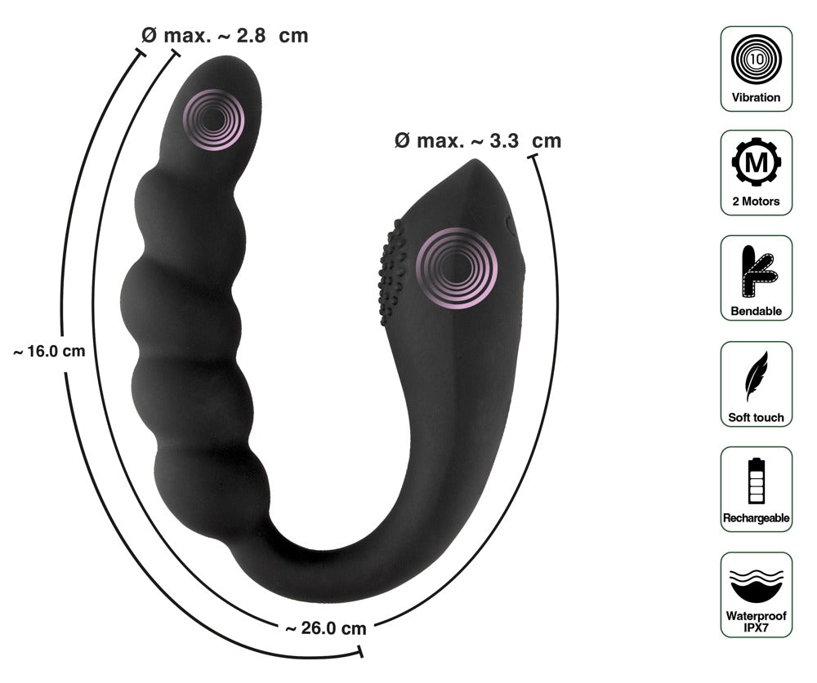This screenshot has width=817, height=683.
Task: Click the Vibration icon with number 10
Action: tap(756, 58)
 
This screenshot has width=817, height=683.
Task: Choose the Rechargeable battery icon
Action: tap(756, 481)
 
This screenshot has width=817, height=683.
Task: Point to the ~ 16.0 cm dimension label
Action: tap(49, 351)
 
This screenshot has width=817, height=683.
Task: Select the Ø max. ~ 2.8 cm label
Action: tap(225, 36)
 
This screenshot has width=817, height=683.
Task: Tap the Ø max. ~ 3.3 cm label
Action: tap(478, 140)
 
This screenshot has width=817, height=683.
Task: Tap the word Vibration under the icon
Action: tap(756, 97)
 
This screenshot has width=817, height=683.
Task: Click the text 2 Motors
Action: tap(756, 202)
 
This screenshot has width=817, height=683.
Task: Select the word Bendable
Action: tap(756, 310)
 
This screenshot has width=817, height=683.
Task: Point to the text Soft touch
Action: tap(756, 417)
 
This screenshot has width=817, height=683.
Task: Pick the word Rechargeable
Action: tap(756, 517)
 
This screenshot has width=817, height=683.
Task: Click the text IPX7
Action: tap(756, 629)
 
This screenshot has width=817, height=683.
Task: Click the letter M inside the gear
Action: tap(756, 163)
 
